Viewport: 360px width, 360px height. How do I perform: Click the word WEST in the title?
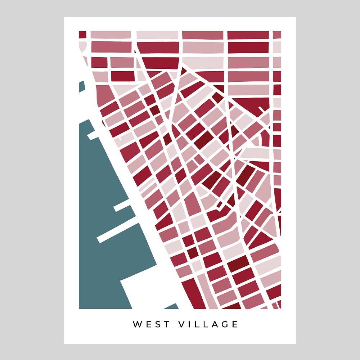(x=151, y=324)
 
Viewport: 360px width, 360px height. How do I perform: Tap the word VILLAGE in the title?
(x=208, y=324)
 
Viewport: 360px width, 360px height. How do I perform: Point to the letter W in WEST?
(x=138, y=324)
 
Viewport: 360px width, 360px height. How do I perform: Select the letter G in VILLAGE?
(x=224, y=324)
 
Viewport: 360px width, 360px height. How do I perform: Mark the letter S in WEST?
(x=157, y=324)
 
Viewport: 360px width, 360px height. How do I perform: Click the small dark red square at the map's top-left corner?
(x=82, y=35)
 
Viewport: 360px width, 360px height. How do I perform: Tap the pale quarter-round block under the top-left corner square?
(x=82, y=46)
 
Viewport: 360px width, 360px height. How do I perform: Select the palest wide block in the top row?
(x=158, y=35)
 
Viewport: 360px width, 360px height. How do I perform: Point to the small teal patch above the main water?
(x=82, y=87)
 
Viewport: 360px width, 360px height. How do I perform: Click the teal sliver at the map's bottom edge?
(x=172, y=307)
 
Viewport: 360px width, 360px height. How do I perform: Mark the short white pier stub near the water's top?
(x=93, y=136)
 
